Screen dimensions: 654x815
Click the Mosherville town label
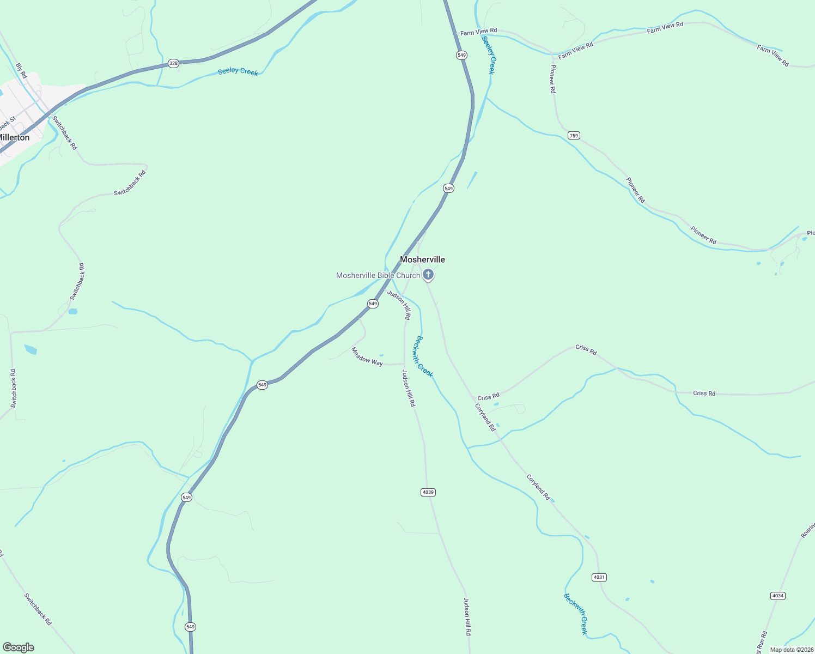pyautogui.click(x=422, y=259)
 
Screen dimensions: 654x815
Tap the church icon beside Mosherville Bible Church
pyautogui.click(x=428, y=275)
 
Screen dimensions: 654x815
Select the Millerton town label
pyautogui.click(x=14, y=137)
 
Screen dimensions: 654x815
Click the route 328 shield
pyautogui.click(x=173, y=63)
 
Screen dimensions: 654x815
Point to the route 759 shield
pyautogui.click(x=574, y=135)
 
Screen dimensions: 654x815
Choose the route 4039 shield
pyautogui.click(x=428, y=492)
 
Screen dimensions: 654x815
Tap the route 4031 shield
pyautogui.click(x=599, y=577)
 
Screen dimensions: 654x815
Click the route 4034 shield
pyautogui.click(x=778, y=596)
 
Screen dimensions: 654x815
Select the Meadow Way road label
pyautogui.click(x=367, y=356)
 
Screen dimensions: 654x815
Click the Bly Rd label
pyautogui.click(x=21, y=71)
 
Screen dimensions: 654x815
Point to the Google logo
pyautogui.click(x=19, y=647)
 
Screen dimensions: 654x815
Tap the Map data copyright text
pyautogui.click(x=791, y=650)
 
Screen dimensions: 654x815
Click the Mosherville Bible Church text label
pyautogui.click(x=378, y=275)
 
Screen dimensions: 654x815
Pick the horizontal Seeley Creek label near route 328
pyautogui.click(x=238, y=71)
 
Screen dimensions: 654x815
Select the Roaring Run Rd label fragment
pyautogui.click(x=807, y=530)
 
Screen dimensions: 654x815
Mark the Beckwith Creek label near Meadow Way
pyautogui.click(x=424, y=356)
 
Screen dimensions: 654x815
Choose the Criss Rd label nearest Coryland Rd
pyautogui.click(x=488, y=397)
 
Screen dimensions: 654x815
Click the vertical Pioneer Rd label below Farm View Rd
pyautogui.click(x=553, y=79)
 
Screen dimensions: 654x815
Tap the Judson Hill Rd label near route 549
pyautogui.click(x=399, y=305)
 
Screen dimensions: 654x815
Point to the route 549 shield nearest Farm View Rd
pyautogui.click(x=461, y=55)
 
